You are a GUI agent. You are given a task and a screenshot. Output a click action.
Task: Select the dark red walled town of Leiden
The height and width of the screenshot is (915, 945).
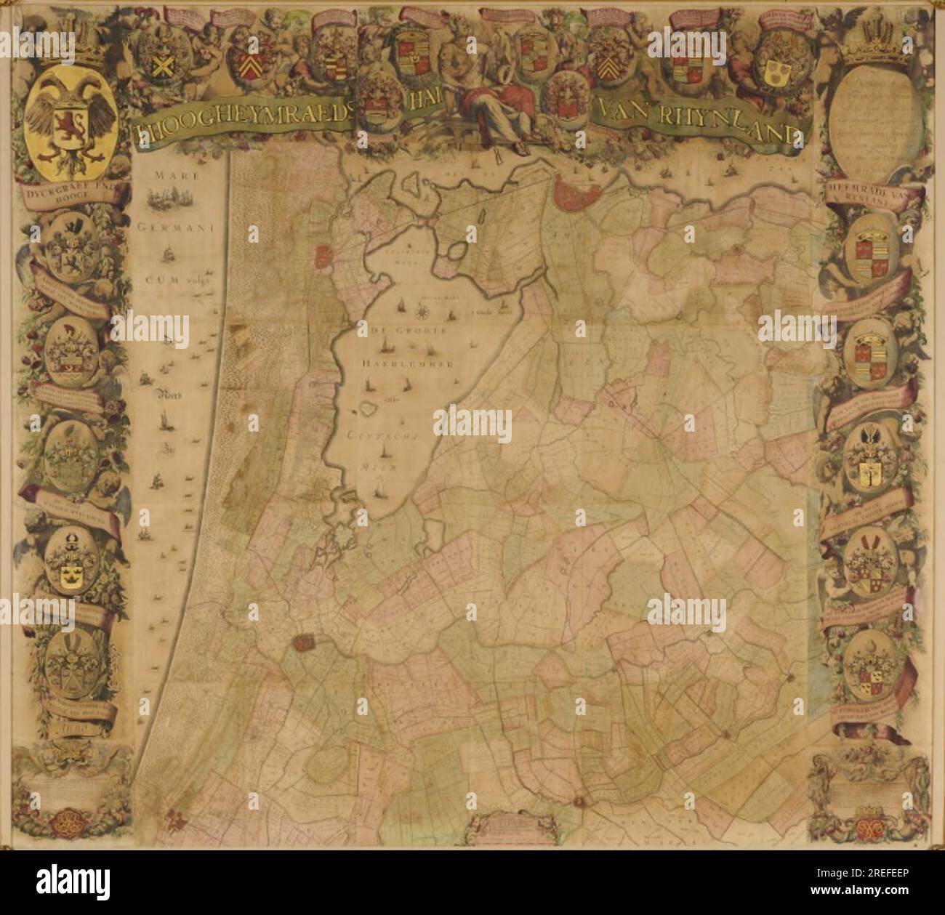(x=302, y=642)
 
